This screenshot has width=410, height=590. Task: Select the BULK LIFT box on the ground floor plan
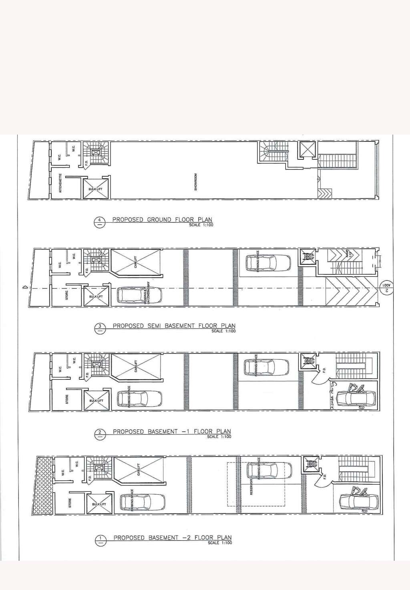click(x=95, y=188)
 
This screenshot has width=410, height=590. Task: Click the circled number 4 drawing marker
click(x=99, y=221)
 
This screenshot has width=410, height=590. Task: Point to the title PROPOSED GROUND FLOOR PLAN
click(x=162, y=219)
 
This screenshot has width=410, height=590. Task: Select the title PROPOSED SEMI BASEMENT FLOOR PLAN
click(x=174, y=326)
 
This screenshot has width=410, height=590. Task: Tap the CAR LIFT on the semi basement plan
click(x=136, y=263)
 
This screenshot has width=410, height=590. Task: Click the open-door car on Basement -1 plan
click(x=356, y=397)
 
